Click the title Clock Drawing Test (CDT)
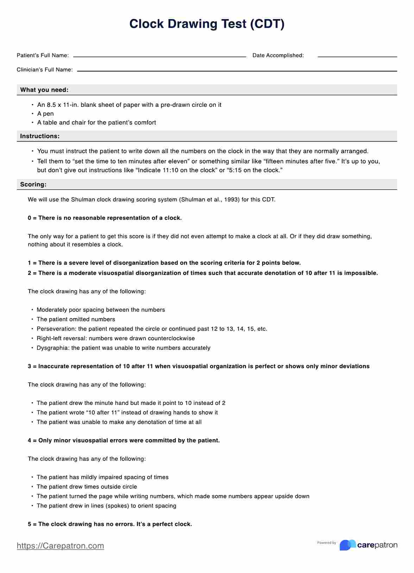(x=207, y=24)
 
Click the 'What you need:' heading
(x=44, y=90)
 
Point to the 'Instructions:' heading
(x=40, y=136)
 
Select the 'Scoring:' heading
(x=33, y=185)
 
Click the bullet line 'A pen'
(x=45, y=114)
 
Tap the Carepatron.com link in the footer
(x=60, y=546)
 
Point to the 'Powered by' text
(x=326, y=543)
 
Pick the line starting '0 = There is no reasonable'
(x=105, y=218)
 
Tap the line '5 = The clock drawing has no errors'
(x=110, y=524)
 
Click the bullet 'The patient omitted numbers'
(x=76, y=320)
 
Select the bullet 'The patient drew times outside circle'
(x=87, y=487)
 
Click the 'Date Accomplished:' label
(x=278, y=56)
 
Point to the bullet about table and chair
(x=96, y=123)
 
